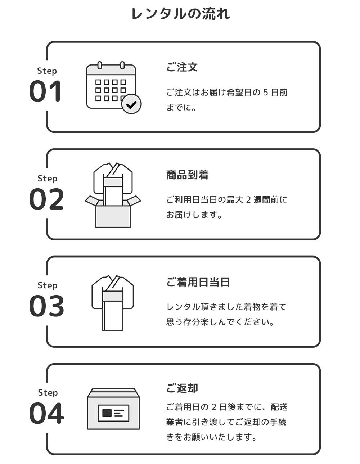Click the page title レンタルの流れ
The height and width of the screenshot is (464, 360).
(x=180, y=14)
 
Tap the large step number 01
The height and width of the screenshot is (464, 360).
(x=45, y=92)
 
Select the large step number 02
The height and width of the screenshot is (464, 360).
(x=46, y=199)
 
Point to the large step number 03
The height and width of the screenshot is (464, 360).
(x=46, y=306)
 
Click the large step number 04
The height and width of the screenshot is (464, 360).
(x=46, y=414)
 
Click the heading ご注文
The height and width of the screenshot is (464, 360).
(x=182, y=67)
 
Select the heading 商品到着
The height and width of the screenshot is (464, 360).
(x=187, y=175)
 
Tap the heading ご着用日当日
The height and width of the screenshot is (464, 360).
(x=198, y=282)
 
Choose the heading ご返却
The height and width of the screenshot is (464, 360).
(x=182, y=388)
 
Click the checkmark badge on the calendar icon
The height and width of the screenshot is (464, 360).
(x=131, y=104)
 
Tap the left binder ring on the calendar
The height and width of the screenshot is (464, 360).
(x=100, y=65)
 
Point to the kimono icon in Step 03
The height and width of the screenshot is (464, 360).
(x=113, y=303)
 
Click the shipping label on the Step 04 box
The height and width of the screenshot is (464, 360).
(x=113, y=413)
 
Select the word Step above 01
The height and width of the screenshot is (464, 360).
(x=47, y=71)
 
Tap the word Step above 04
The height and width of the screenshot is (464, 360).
(x=48, y=393)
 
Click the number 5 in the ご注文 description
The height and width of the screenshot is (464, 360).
(x=265, y=93)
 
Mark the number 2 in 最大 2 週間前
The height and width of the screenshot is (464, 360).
(x=248, y=200)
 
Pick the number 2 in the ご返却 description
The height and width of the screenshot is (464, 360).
(x=213, y=407)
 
